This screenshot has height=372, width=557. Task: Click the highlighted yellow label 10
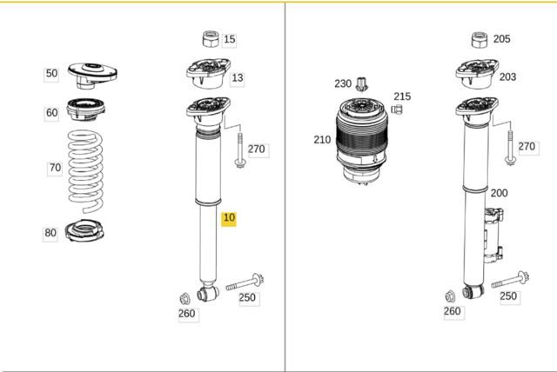pyautogui.click(x=229, y=218)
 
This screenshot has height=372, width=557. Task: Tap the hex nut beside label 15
pyautogui.click(x=211, y=39)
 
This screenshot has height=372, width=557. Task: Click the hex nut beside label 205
pyautogui.click(x=480, y=40)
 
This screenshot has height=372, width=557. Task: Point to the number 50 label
pyautogui.click(x=51, y=73)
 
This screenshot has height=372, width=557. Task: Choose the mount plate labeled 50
pyautogui.click(x=92, y=76)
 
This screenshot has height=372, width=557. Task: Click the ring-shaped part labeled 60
pyautogui.click(x=86, y=110)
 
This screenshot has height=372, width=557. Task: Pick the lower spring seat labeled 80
pyautogui.click(x=84, y=231)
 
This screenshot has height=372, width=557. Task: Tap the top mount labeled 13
pyautogui.click(x=209, y=74)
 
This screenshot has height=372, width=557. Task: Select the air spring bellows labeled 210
pyautogui.click(x=360, y=141)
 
